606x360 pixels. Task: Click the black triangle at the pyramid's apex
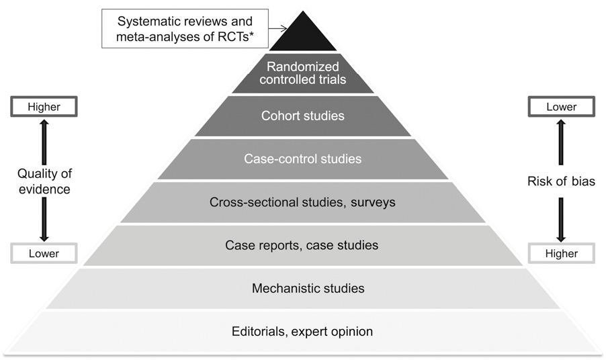(302, 37)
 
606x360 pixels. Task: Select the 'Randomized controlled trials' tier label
(302, 73)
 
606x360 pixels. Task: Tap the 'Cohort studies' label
(302, 116)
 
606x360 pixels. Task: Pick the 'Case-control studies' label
(302, 159)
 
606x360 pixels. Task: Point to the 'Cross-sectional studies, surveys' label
(302, 202)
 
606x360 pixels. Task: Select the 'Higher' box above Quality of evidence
(44, 106)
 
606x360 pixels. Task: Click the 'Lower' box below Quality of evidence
(44, 254)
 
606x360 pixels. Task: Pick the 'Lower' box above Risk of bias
(561, 106)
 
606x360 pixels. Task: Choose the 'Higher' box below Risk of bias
(561, 254)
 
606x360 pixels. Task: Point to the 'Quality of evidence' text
(44, 181)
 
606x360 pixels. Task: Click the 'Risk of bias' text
(561, 181)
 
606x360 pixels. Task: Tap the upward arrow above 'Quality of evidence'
(44, 141)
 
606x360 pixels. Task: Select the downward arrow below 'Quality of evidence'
(44, 220)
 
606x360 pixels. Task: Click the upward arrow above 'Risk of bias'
(561, 144)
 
